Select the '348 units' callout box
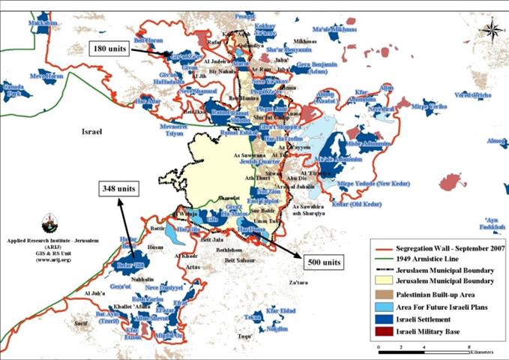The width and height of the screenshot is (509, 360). pyautogui.click(x=118, y=188)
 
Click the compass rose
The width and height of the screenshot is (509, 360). pyautogui.click(x=493, y=31)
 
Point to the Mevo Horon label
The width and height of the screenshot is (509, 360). pyautogui.click(x=46, y=76)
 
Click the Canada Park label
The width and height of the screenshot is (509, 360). pyautogui.click(x=15, y=94)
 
